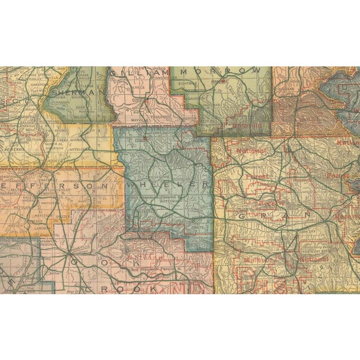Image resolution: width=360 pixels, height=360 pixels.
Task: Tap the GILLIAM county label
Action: click(138, 73)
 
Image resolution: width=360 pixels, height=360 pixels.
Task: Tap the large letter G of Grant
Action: click(242, 215)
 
